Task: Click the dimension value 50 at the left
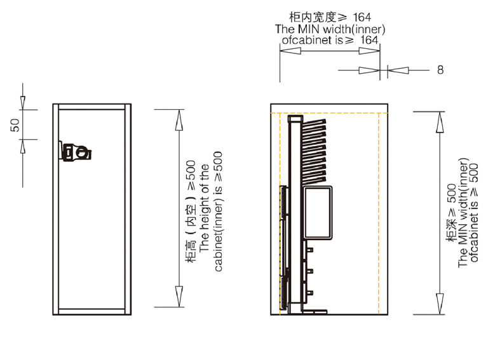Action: click(x=15, y=124)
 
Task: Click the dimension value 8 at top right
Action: click(x=440, y=70)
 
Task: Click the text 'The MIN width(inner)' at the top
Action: click(x=330, y=29)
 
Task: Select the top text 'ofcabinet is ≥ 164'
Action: click(x=330, y=40)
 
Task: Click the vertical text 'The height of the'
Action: click(x=204, y=210)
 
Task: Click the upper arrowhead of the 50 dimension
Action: click(x=22, y=102)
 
